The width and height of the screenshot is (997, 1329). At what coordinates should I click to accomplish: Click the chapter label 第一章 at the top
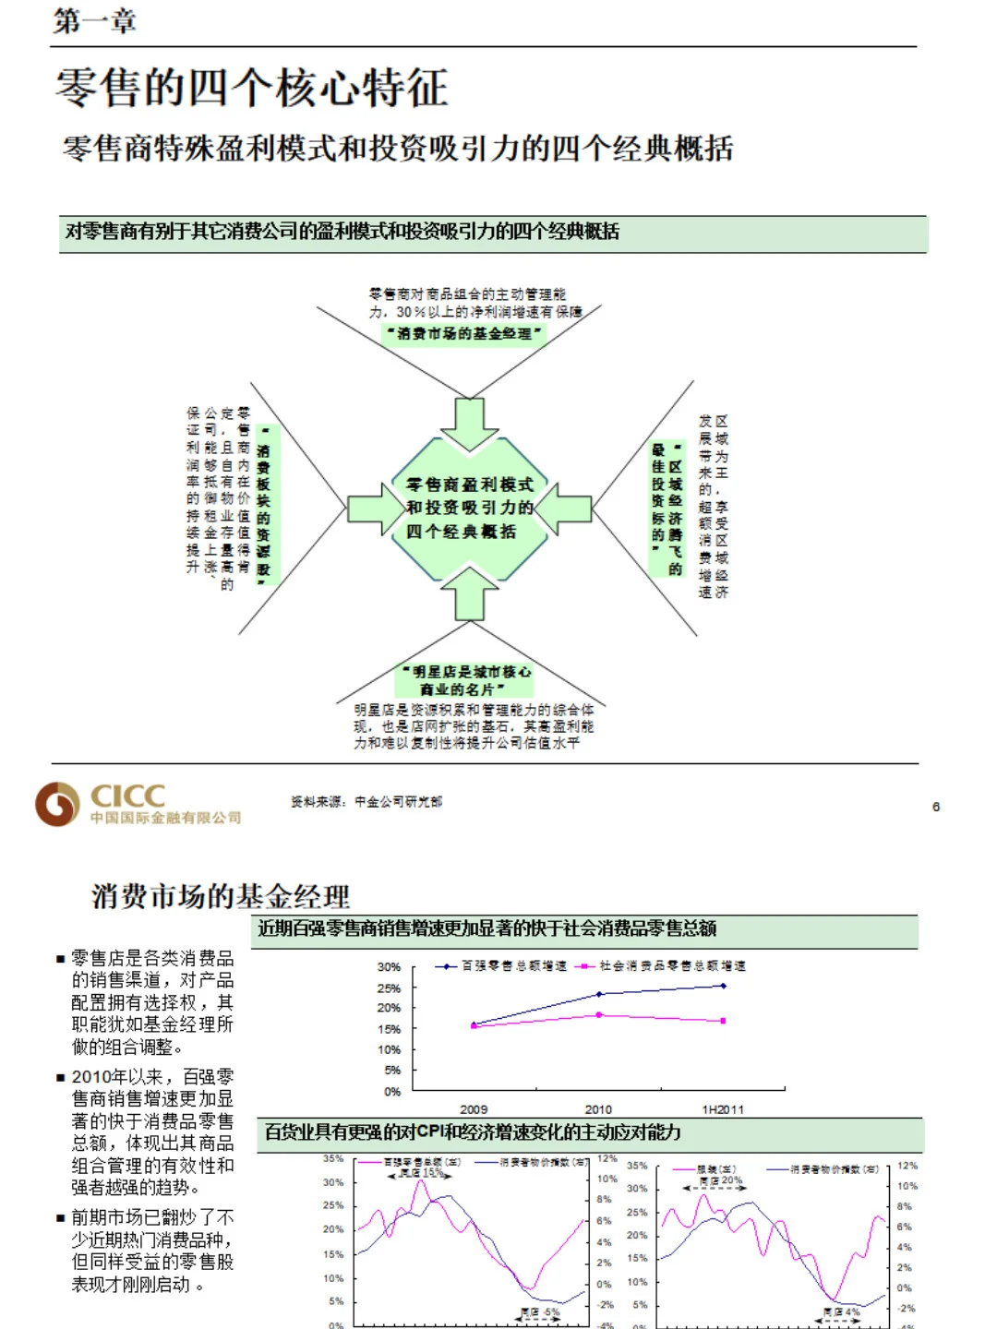[x=94, y=20]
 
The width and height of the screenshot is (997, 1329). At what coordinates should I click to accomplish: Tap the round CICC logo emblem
[x=56, y=803]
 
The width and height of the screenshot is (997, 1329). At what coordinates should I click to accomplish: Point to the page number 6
[x=935, y=807]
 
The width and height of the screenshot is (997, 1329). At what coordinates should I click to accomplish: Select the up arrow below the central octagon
[x=469, y=593]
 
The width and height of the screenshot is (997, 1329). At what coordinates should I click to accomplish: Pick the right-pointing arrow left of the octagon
[x=376, y=509]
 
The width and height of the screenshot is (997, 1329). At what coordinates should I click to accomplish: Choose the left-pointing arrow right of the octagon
[x=563, y=509]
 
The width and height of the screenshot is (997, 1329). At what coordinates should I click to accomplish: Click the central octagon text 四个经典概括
[x=461, y=532]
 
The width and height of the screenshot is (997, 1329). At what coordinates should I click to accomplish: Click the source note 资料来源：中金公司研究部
[x=366, y=802]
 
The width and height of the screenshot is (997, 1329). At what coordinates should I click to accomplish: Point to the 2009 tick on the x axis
[x=474, y=1109]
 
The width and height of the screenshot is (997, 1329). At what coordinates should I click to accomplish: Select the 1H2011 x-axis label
[x=723, y=1109]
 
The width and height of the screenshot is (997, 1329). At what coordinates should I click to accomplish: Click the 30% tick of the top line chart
[x=389, y=967]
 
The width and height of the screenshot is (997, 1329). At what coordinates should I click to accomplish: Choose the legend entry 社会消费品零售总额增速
[x=660, y=966]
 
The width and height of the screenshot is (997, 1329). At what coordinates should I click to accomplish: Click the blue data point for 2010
[x=599, y=994]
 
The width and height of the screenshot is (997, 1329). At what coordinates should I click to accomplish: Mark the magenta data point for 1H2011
[x=723, y=1021]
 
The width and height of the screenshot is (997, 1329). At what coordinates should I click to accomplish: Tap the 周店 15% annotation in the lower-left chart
[x=421, y=1173]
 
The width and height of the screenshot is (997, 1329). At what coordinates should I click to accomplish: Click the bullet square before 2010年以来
[x=61, y=1077]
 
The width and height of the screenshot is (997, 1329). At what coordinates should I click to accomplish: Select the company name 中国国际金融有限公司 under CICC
[x=166, y=818]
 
